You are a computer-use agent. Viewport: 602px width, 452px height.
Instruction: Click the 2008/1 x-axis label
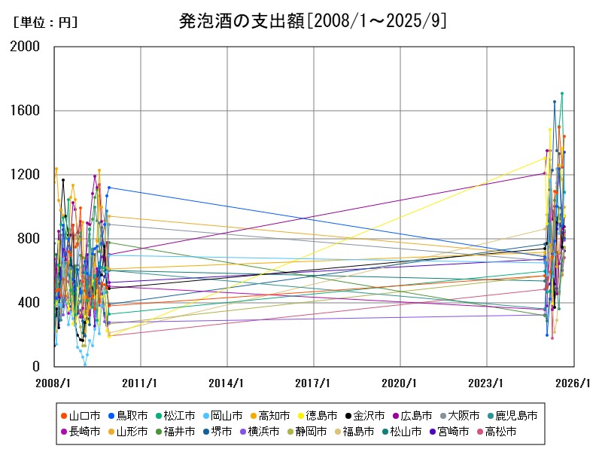[x=54, y=383]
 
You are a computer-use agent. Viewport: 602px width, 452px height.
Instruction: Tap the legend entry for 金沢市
[x=369, y=415]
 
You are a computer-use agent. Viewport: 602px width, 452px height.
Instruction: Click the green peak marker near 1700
[x=561, y=93]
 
